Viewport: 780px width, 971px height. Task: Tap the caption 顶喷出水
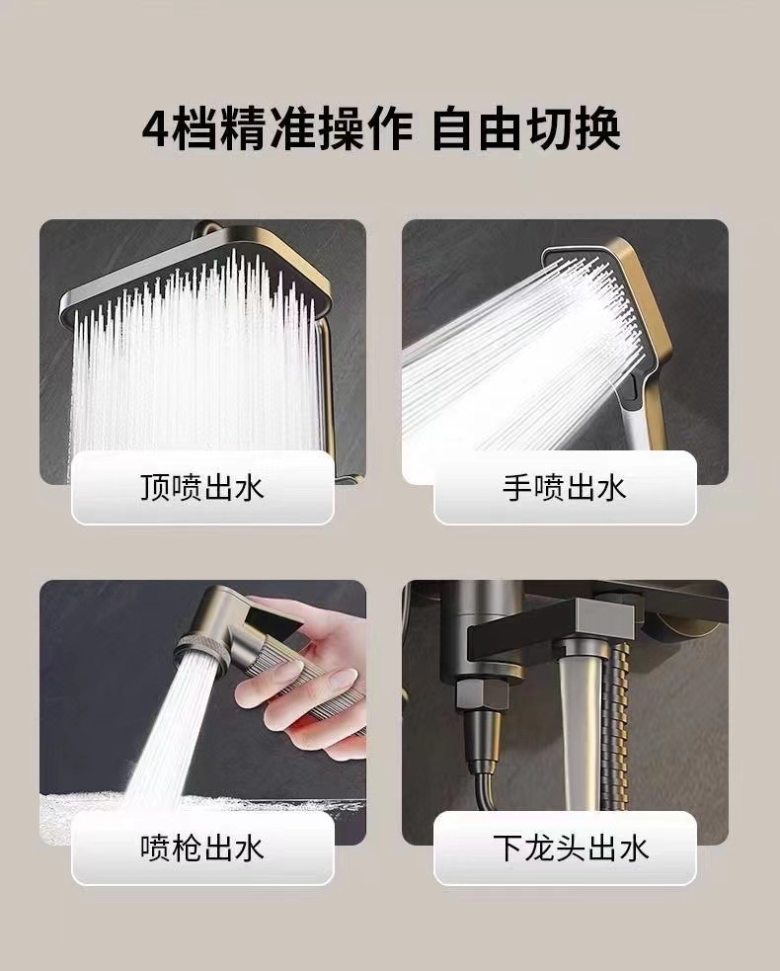[202, 487]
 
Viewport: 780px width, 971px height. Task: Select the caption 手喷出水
[565, 487]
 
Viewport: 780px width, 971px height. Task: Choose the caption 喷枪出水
[202, 848]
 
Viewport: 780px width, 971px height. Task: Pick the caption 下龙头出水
[565, 848]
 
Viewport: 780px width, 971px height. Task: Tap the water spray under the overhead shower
[197, 385]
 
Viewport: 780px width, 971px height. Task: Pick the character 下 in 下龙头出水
[509, 848]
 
